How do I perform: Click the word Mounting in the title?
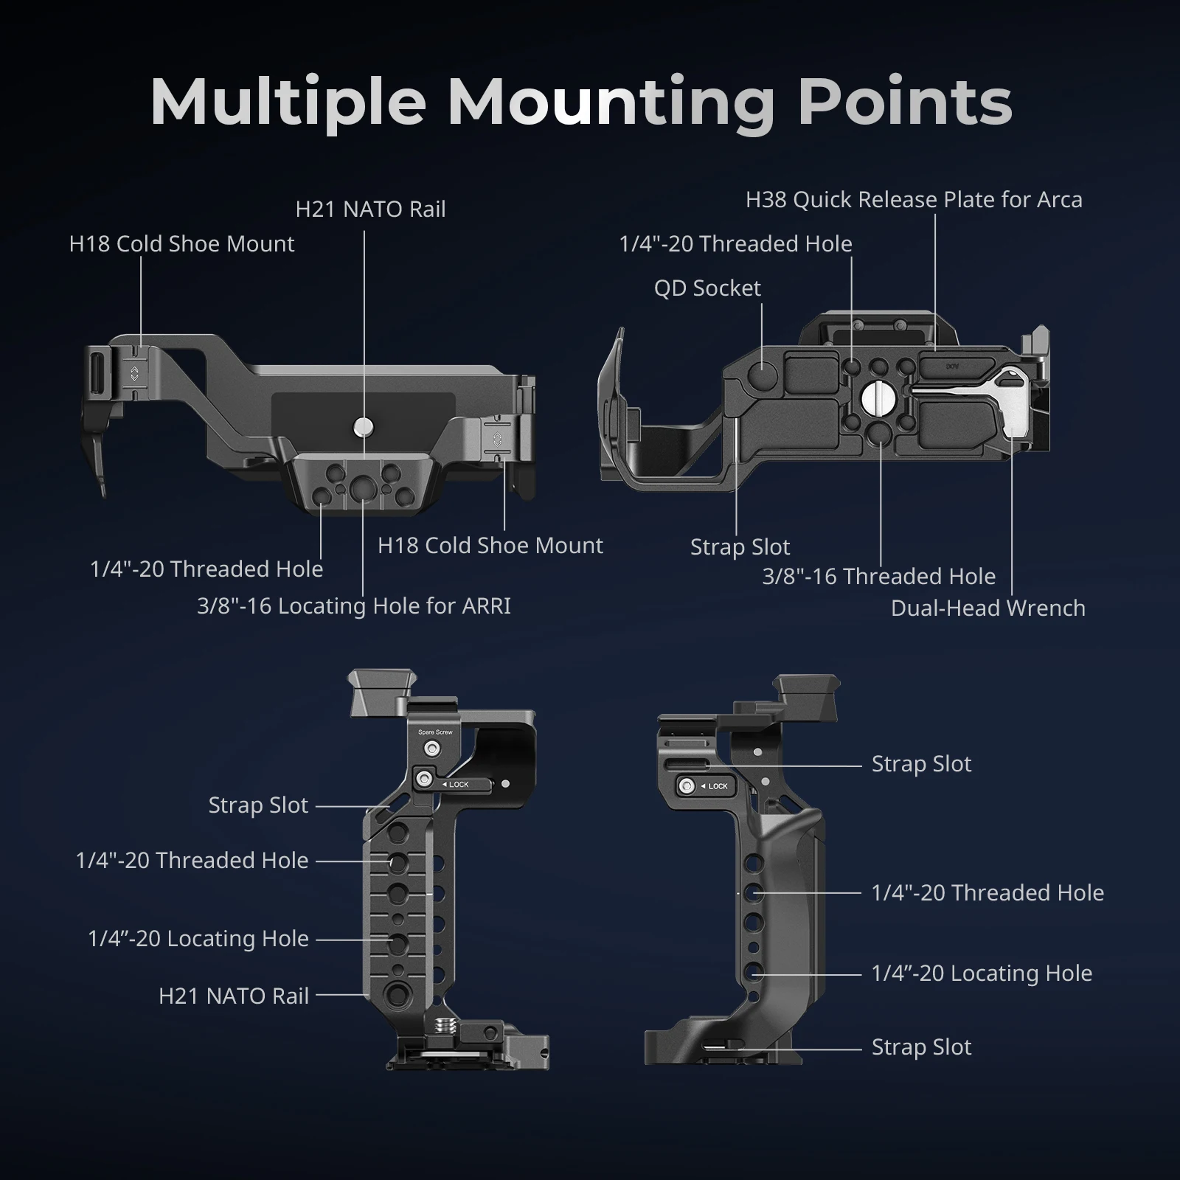611,103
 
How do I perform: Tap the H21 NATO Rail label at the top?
370,209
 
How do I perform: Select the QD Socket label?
707,288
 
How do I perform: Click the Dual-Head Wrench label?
988,608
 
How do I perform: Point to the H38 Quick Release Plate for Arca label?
914,200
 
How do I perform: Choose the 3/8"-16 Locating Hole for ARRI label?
353,606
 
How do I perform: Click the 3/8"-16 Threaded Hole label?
878,577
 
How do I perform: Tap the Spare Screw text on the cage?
435,732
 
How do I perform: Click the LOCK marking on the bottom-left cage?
458,785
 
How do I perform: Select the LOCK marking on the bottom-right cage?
717,786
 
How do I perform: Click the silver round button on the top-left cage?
363,426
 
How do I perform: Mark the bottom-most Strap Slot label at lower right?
921,1047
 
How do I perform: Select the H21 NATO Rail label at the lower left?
233,996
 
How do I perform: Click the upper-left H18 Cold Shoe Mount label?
181,244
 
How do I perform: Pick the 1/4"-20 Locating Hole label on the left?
198,939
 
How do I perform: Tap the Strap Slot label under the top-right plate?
740,547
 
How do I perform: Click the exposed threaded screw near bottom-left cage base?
445,1024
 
